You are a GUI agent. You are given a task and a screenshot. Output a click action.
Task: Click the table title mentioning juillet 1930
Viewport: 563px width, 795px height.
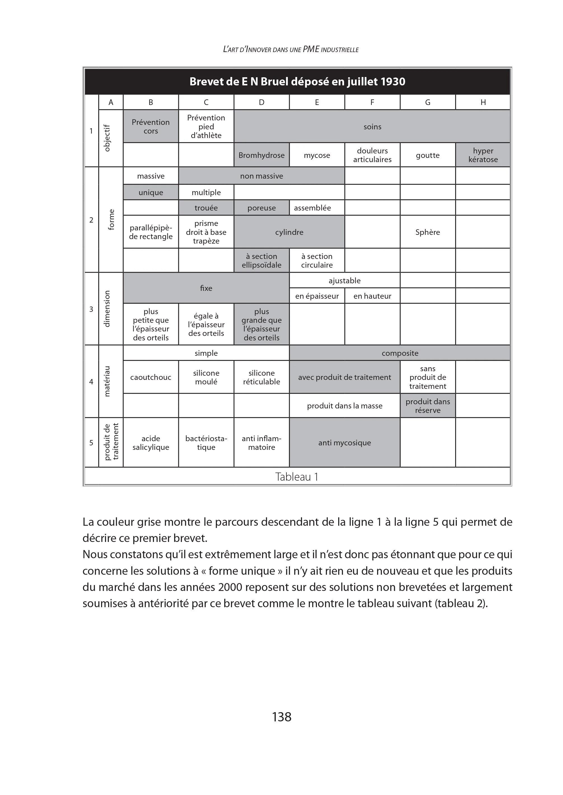[x=297, y=81]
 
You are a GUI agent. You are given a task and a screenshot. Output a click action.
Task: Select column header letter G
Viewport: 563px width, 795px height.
[x=427, y=102]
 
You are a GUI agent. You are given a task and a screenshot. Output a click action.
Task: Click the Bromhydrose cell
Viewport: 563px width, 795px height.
[x=261, y=155]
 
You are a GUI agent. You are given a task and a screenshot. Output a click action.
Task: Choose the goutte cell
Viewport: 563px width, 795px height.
[x=427, y=155]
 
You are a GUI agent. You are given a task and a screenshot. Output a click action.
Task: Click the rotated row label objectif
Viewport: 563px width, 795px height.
[x=107, y=138]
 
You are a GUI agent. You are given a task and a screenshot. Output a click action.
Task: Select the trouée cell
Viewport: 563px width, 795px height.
[x=206, y=208]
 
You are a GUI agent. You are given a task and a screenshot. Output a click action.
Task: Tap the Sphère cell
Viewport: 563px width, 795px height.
[x=427, y=232]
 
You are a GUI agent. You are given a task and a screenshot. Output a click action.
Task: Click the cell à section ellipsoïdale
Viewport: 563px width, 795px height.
[x=261, y=261]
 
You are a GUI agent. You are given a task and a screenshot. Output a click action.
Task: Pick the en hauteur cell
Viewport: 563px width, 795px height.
[x=372, y=296]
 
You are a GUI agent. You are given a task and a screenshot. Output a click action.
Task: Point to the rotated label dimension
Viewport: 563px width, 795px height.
[x=107, y=308]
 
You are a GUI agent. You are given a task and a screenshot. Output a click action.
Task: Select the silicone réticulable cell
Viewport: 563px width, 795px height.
[x=261, y=377]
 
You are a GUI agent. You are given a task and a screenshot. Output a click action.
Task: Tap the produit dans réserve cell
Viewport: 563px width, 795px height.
[x=427, y=406]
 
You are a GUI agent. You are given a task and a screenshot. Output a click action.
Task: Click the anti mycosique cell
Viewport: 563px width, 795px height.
[x=344, y=443]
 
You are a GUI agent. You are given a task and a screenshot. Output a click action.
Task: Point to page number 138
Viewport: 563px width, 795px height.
[x=282, y=717]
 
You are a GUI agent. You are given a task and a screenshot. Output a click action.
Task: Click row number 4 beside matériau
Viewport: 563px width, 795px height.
[x=91, y=382]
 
